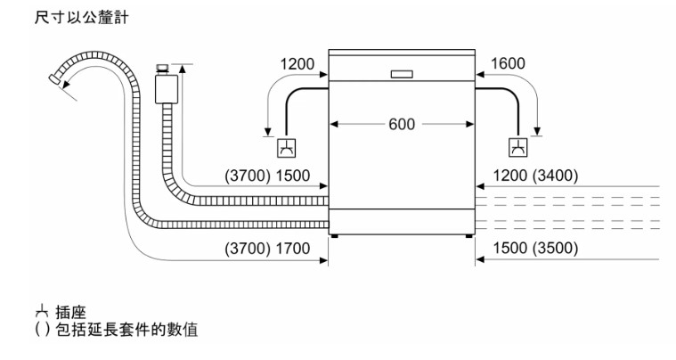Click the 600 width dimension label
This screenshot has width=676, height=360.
(401, 125)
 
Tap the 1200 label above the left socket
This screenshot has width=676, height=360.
(297, 64)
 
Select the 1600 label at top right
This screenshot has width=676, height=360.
(507, 64)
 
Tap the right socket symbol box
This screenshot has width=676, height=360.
(517, 147)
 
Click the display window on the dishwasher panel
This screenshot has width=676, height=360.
(401, 72)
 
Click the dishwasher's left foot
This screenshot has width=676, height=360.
(336, 235)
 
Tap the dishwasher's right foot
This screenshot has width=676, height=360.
(468, 235)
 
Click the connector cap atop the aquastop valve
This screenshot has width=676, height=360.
(163, 68)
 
